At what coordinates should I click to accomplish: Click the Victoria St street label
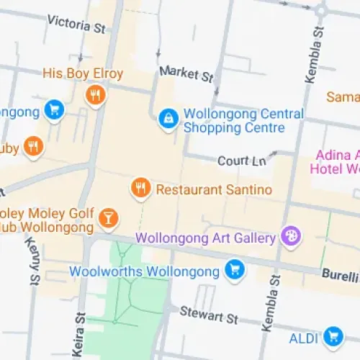point(76,23)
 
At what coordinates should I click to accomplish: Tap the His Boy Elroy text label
point(83,73)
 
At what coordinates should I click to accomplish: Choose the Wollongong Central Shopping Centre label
point(243,121)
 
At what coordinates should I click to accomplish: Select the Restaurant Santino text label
point(214,189)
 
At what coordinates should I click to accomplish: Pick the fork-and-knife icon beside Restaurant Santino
point(140,189)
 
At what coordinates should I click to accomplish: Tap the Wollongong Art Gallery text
point(206,237)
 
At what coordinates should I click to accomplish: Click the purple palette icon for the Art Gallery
point(290,236)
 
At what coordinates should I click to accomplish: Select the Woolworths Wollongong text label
point(144,271)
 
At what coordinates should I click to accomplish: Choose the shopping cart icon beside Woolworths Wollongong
point(233,271)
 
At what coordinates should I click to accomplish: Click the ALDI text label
point(302,337)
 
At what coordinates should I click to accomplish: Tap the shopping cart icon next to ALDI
point(332,336)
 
